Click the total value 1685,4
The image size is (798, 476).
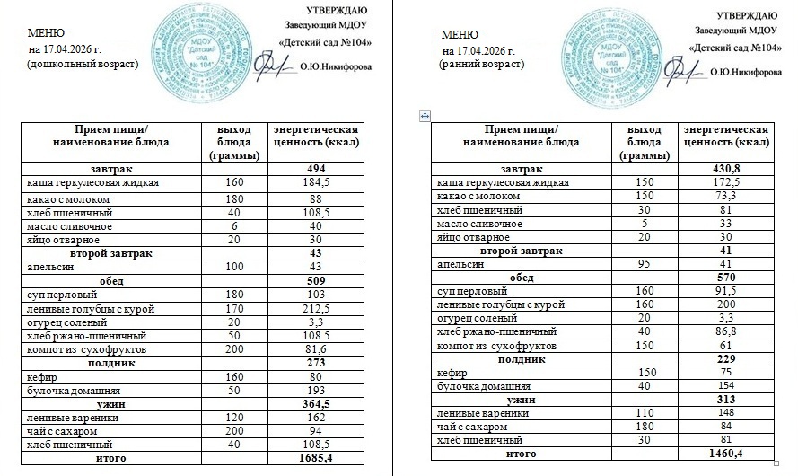tap(314, 459)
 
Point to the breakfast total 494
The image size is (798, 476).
tap(314, 170)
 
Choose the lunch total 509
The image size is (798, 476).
tap(314, 279)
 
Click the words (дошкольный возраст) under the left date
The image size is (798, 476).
tap(83, 66)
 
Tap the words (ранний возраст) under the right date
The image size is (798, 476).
tap(483, 65)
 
